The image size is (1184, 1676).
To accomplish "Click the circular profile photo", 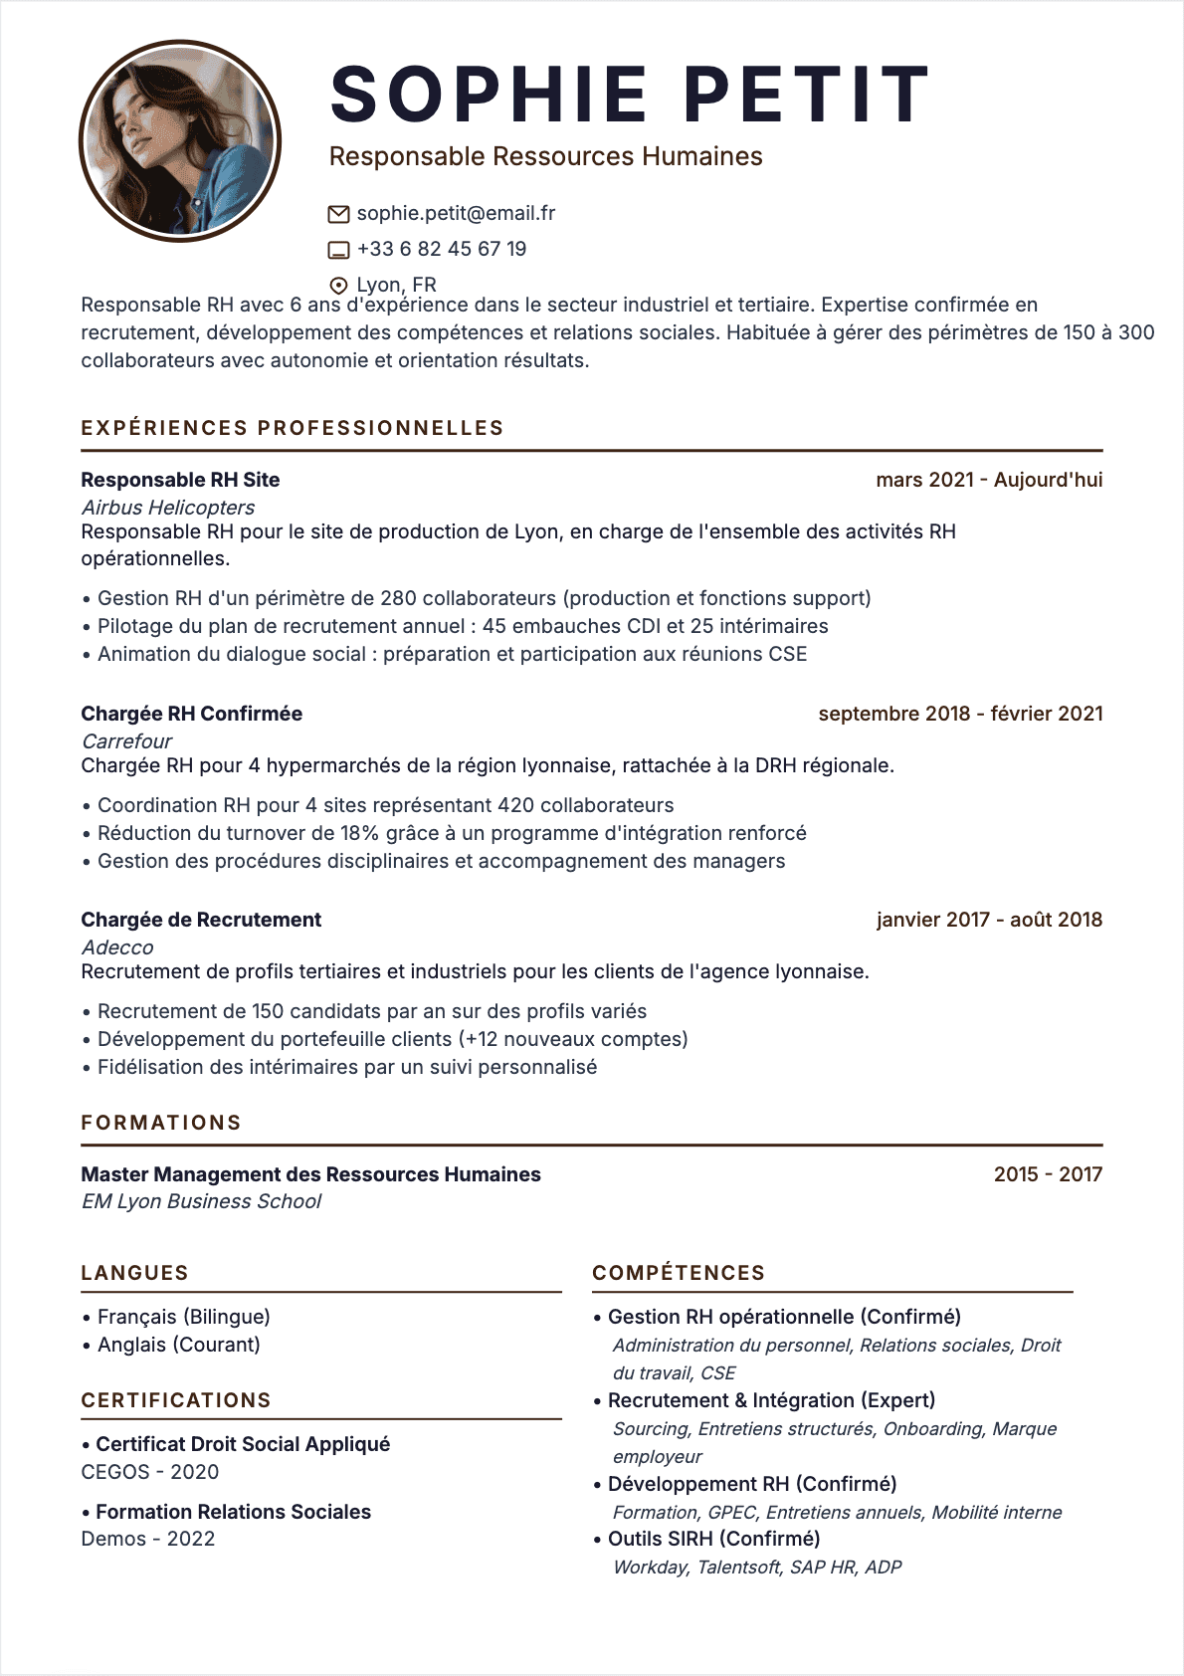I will pos(180,140).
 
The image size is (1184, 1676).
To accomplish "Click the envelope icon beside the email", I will pos(338,214).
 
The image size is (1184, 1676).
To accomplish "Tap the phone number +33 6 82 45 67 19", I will pos(441,249).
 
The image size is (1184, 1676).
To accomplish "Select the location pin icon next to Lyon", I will pos(338,286).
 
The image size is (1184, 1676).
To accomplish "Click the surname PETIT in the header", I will pos(806,96).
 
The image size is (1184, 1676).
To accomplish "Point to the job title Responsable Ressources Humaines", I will pos(545,156).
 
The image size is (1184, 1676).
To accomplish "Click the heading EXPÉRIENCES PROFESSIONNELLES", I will pos(292,428).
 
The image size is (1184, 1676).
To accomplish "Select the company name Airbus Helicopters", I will pos(168,508).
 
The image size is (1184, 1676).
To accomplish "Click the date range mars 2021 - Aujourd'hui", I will pos(988,480).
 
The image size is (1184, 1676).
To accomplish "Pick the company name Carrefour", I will pos(126,741).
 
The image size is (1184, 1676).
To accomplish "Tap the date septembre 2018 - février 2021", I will pos(960,714).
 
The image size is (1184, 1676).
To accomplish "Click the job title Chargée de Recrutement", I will pos(201,920).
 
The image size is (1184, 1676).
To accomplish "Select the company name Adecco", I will pos(117,947).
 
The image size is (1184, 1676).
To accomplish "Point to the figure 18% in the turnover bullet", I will pos(359,833).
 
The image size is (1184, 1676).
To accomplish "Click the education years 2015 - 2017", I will pos(1047,1174).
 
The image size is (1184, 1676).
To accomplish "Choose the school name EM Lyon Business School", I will pos(201,1201).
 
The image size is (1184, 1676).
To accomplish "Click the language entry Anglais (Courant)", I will pos(178,1345).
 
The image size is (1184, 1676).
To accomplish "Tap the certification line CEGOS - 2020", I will pos(149,1472).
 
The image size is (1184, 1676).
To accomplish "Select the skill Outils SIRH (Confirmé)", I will pos(713,1539).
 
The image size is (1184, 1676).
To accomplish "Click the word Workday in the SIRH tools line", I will pos(650,1568).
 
